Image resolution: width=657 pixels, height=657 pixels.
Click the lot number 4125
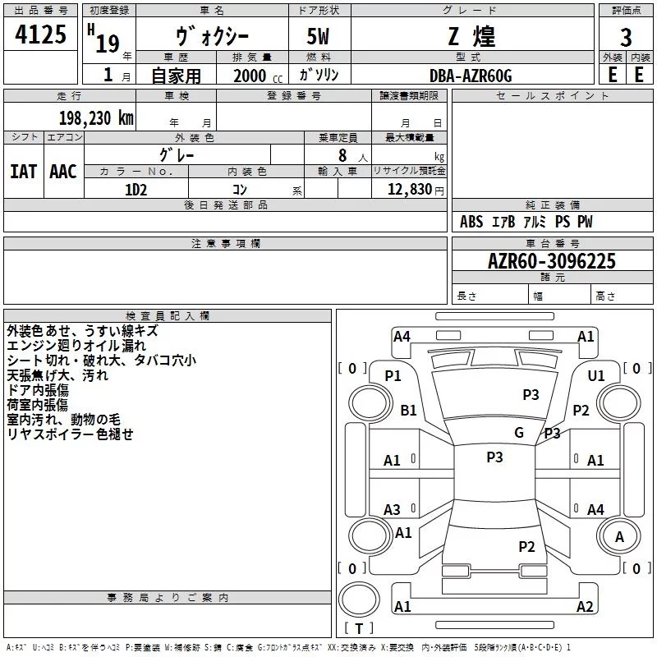click(41, 35)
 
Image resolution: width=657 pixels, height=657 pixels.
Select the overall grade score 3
click(626, 37)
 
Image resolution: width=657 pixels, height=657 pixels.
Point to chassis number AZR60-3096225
click(552, 261)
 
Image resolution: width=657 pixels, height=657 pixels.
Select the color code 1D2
click(136, 189)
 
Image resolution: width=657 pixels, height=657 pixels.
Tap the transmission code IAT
click(23, 172)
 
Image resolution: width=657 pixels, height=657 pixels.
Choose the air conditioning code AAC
click(63, 172)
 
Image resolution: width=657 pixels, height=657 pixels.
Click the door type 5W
click(319, 37)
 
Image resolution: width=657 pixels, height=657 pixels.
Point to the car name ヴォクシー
click(214, 37)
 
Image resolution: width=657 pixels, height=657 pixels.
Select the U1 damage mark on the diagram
click(596, 375)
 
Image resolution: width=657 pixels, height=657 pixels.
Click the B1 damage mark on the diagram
click(409, 410)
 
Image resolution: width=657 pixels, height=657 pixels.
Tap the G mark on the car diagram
click(519, 433)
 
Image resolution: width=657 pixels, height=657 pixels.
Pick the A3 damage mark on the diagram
click(393, 510)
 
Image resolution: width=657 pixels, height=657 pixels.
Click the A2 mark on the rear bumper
click(585, 607)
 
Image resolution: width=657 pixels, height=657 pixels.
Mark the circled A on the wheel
click(619, 536)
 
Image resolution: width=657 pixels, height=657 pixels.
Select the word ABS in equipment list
click(471, 222)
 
